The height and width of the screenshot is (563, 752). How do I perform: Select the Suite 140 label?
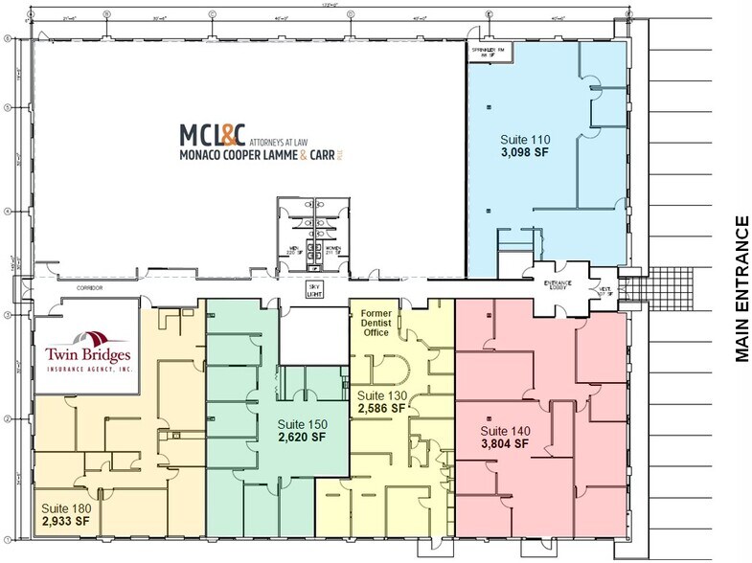click(x=504, y=431)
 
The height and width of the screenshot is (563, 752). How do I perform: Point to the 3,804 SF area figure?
click(x=504, y=443)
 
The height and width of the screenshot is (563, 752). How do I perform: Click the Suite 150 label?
click(x=302, y=423)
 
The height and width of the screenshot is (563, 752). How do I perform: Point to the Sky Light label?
click(x=309, y=289)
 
